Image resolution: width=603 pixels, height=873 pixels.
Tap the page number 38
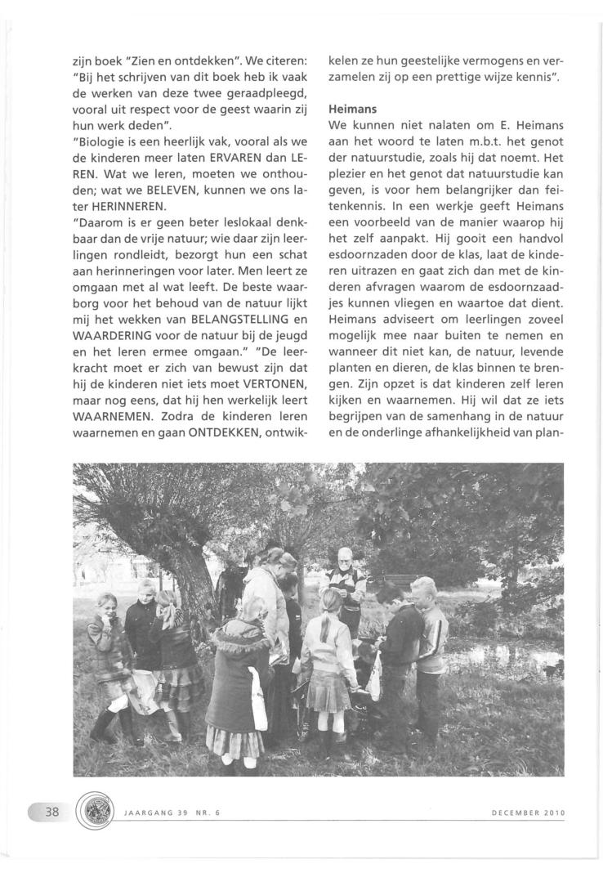click(50, 814)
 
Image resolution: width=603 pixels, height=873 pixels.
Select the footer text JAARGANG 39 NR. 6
click(168, 813)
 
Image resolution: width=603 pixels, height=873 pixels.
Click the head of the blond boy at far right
click(422, 590)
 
